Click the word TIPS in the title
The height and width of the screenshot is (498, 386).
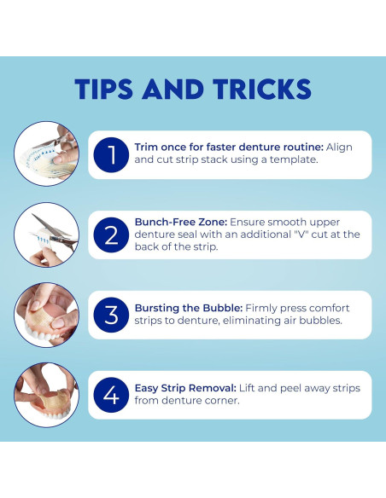tap(103, 89)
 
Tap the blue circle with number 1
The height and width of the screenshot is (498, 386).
tap(111, 154)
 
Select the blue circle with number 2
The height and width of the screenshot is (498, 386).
tap(111, 235)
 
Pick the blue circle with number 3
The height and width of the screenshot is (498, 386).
tap(111, 315)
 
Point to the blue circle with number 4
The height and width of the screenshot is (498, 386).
tap(111, 395)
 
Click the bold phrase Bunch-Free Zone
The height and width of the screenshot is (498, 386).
tap(181, 222)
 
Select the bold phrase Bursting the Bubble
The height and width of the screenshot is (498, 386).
tap(189, 308)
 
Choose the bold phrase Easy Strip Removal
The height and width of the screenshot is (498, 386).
tap(185, 388)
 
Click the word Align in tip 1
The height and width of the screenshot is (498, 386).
tap(339, 148)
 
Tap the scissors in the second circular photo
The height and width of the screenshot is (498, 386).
tap(56, 232)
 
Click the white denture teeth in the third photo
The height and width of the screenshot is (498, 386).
tap(41, 333)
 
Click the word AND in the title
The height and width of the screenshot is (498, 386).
tap(173, 89)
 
